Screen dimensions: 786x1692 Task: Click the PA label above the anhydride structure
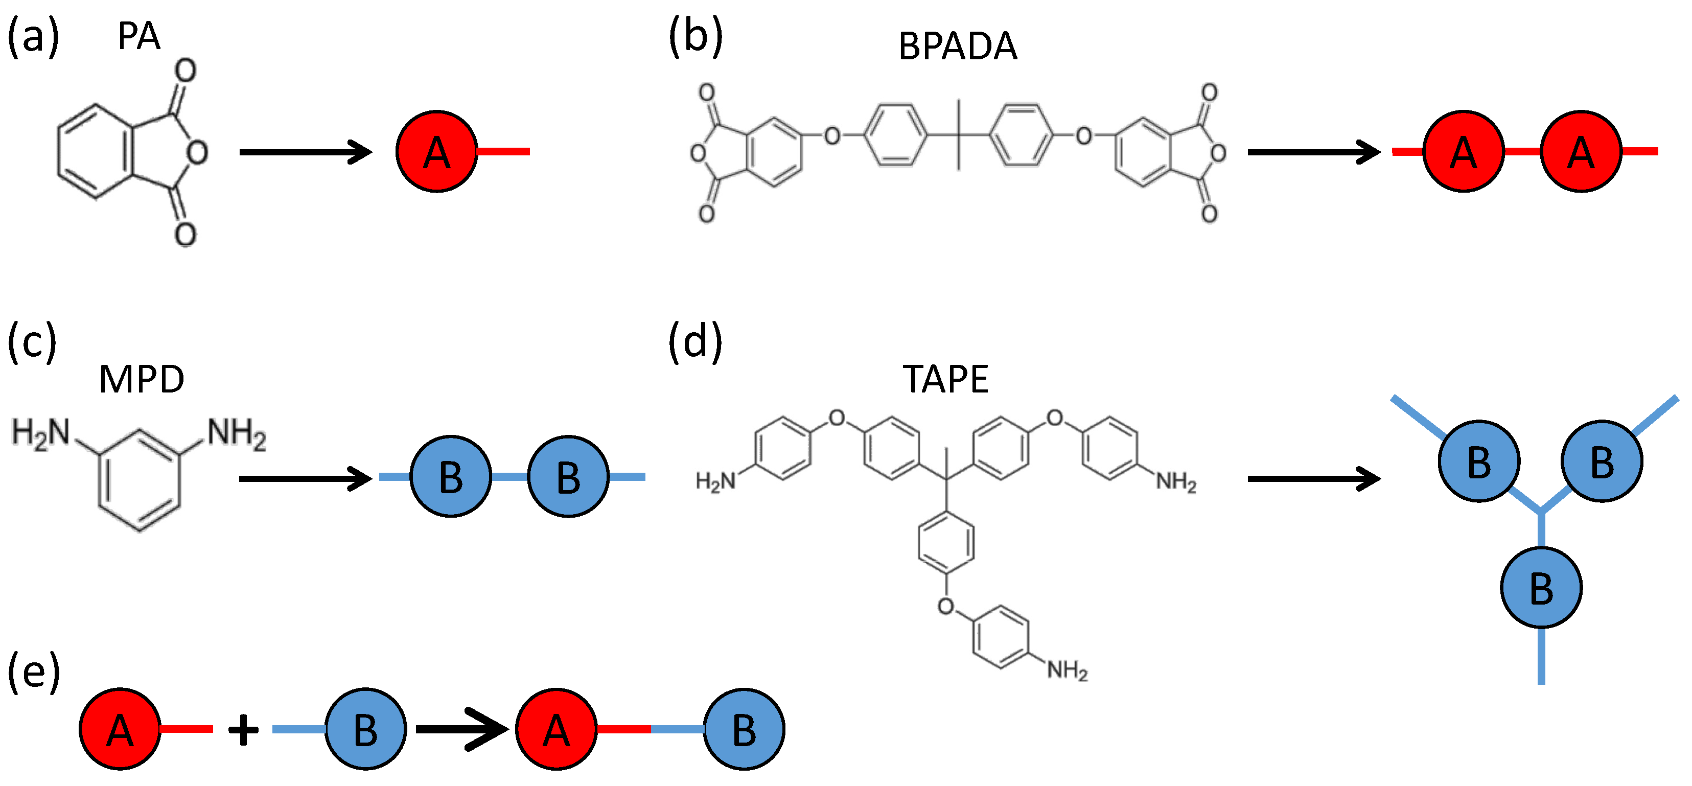(x=138, y=37)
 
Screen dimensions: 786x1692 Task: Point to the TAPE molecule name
(x=945, y=380)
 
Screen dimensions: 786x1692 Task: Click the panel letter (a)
(x=33, y=37)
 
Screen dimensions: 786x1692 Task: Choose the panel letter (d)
(x=695, y=343)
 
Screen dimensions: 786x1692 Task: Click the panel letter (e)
(x=33, y=674)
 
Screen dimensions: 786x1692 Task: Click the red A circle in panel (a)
(x=436, y=152)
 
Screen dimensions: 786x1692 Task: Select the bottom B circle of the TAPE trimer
(x=1541, y=588)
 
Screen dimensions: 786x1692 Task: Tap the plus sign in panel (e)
(x=243, y=730)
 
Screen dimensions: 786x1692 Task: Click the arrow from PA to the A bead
(x=306, y=152)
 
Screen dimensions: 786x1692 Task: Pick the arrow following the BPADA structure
(x=1314, y=152)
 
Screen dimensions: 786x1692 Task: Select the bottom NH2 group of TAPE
(x=1067, y=671)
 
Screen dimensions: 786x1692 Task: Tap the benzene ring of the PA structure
(x=95, y=152)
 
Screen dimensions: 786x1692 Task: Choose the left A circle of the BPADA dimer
(x=1464, y=152)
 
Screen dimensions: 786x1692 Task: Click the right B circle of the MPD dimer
(x=568, y=477)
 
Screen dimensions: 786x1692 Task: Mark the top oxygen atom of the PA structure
(x=185, y=70)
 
